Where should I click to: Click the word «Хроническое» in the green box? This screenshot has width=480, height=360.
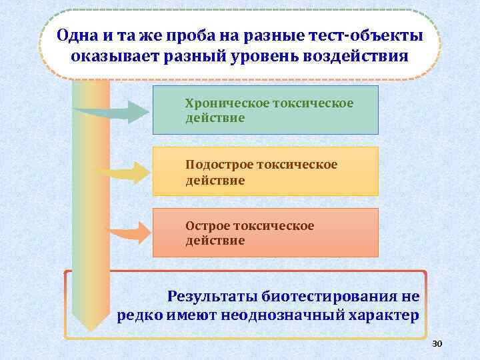pyautogui.click(x=227, y=103)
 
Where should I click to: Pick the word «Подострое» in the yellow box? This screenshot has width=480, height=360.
pyautogui.click(x=219, y=165)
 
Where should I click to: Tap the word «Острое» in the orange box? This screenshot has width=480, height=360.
pyautogui.click(x=207, y=226)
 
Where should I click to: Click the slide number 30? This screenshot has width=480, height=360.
pyautogui.click(x=437, y=344)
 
